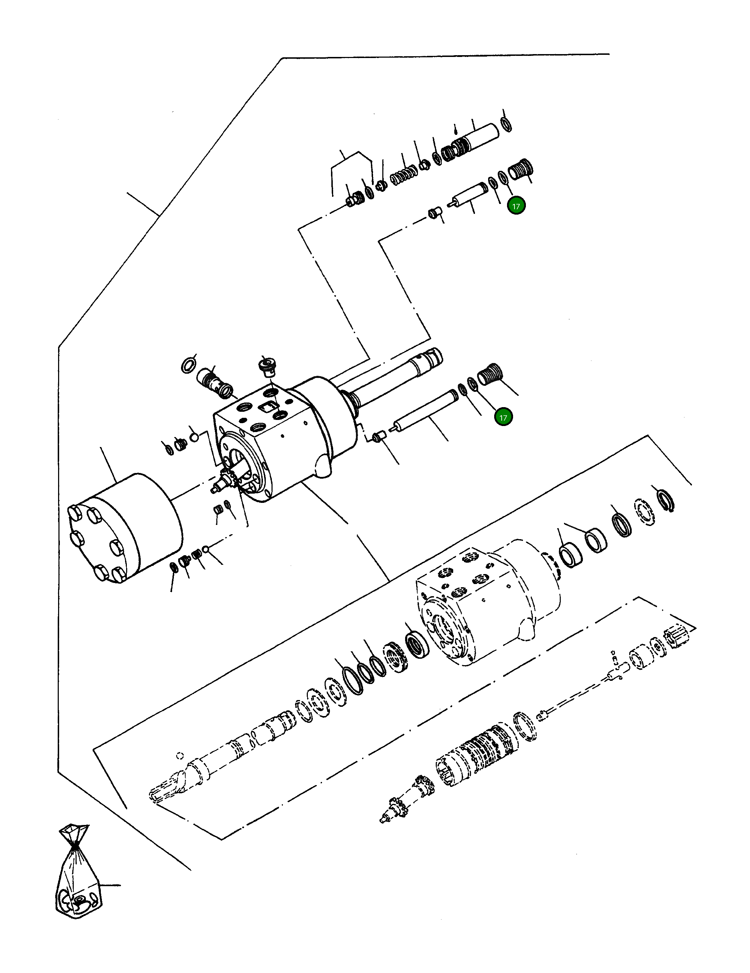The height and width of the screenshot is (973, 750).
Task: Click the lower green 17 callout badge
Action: [x=503, y=417]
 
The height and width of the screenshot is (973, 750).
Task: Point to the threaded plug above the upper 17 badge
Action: [x=522, y=169]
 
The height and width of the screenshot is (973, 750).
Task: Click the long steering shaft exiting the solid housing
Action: [x=392, y=374]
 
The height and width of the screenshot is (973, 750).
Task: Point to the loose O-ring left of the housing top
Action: [x=189, y=364]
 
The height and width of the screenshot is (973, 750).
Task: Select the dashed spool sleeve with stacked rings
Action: [x=477, y=753]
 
